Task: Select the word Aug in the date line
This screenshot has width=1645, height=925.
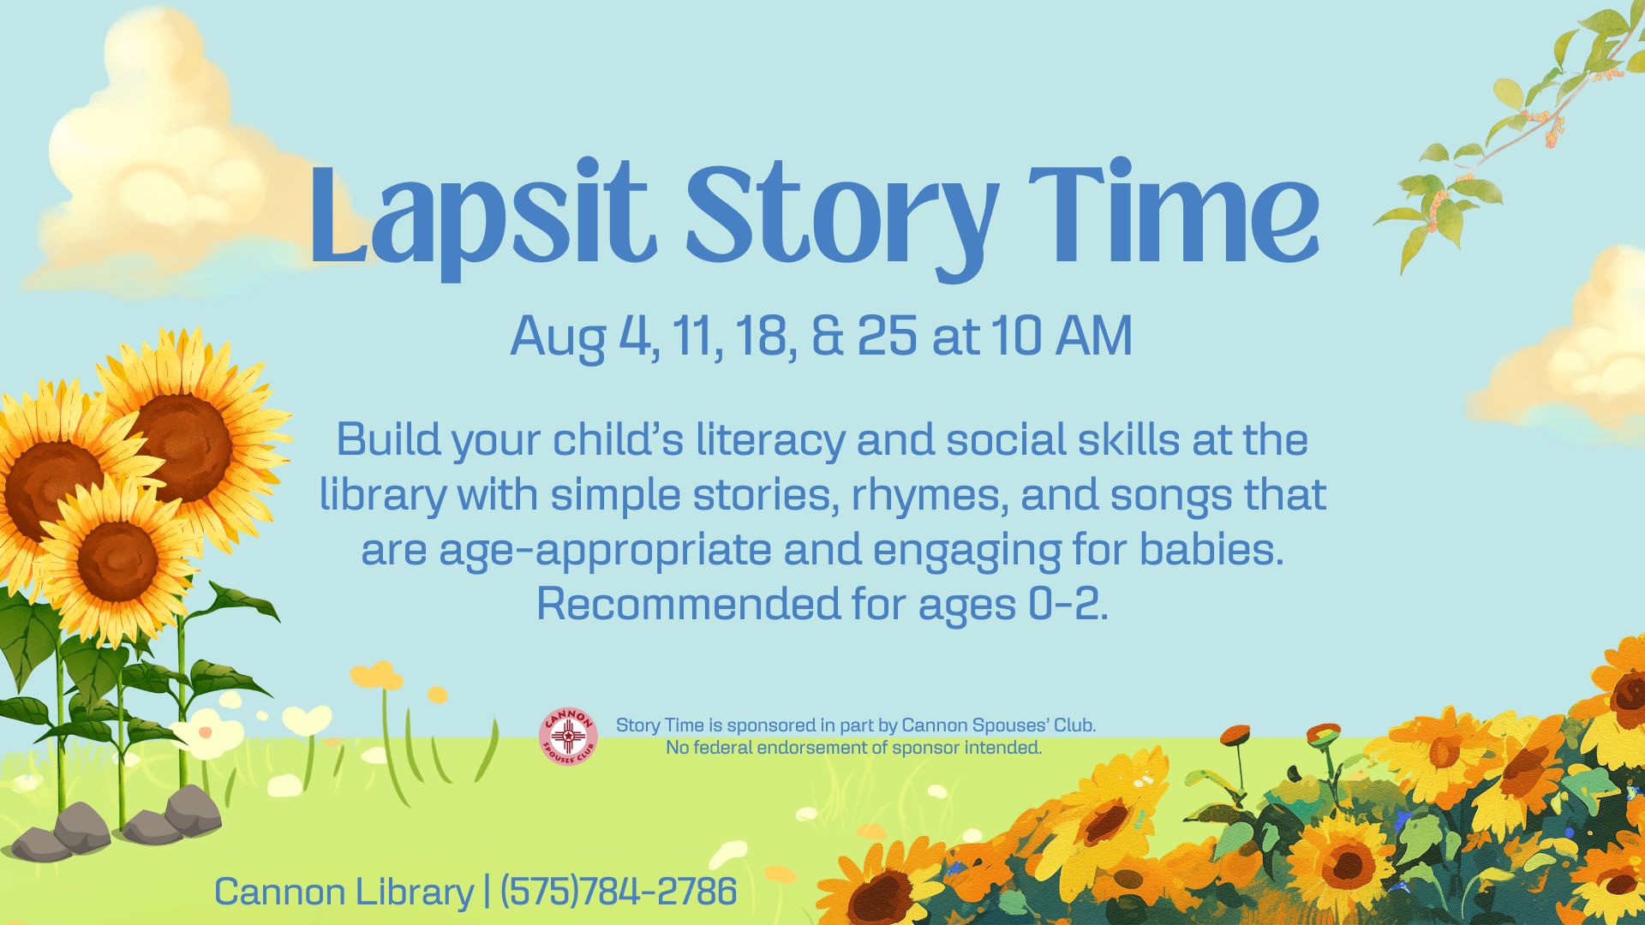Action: [559, 338]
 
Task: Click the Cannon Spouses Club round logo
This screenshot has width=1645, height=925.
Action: [568, 737]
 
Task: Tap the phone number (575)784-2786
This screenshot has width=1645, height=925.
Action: [618, 892]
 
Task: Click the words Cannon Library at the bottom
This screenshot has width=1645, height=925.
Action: [344, 892]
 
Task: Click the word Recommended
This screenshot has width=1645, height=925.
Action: [689, 604]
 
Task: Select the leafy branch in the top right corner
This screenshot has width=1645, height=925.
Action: [1508, 128]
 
